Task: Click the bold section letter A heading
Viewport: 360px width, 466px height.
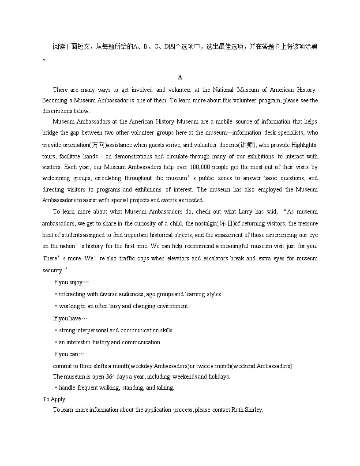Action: coord(180,78)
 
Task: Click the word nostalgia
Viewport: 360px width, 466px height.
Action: coord(204,224)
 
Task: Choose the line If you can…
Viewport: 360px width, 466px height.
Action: coord(68,354)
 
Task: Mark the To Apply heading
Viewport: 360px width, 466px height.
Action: coord(54,399)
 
